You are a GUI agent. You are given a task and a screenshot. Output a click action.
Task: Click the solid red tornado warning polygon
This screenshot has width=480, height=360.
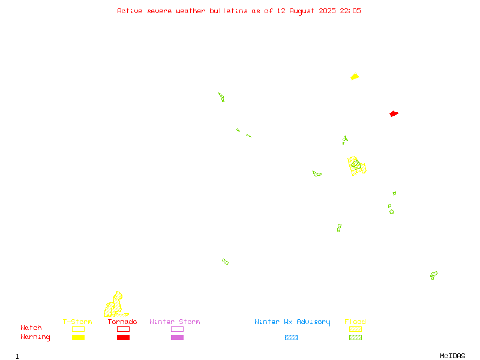pos(394,113)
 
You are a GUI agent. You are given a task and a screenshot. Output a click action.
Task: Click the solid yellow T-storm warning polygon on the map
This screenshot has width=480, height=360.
pos(355,77)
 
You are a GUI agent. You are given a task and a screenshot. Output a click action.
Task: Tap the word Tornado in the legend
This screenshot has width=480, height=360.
pos(122,322)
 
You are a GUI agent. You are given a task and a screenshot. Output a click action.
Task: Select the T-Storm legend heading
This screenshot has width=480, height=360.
pos(77,322)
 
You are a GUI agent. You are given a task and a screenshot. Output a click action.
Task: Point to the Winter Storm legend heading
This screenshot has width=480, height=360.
pos(175,322)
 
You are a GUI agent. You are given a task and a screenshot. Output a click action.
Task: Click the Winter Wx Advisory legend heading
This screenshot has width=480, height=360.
pos(292,322)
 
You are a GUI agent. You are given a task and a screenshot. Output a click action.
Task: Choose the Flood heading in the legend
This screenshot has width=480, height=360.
pos(355,322)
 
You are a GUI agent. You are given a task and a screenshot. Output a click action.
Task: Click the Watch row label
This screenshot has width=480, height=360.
pos(31,328)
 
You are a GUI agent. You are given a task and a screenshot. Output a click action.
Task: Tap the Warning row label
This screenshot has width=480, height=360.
pos(35,337)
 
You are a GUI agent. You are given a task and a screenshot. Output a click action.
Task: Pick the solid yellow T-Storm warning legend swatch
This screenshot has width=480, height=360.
pos(79,337)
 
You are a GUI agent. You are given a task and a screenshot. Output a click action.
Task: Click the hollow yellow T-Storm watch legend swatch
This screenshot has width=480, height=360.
pos(79,329)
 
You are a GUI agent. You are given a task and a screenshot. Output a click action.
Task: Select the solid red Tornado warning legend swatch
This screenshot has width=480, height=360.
pos(124,337)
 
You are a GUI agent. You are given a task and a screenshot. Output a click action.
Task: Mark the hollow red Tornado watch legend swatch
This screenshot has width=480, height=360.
pos(124,329)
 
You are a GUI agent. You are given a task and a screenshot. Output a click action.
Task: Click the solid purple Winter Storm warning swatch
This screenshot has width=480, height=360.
pos(177,337)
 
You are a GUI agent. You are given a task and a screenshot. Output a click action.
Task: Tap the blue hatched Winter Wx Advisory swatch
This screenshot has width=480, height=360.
pos(291,337)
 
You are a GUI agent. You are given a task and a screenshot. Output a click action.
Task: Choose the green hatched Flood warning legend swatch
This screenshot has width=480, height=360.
pos(355,337)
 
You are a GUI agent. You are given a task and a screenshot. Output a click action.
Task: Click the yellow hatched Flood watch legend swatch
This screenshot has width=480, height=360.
pos(355,329)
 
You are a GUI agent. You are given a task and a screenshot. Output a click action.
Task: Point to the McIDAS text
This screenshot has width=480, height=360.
pos(452,356)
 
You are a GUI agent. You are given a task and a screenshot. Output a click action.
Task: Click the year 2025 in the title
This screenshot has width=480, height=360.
pos(327,11)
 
